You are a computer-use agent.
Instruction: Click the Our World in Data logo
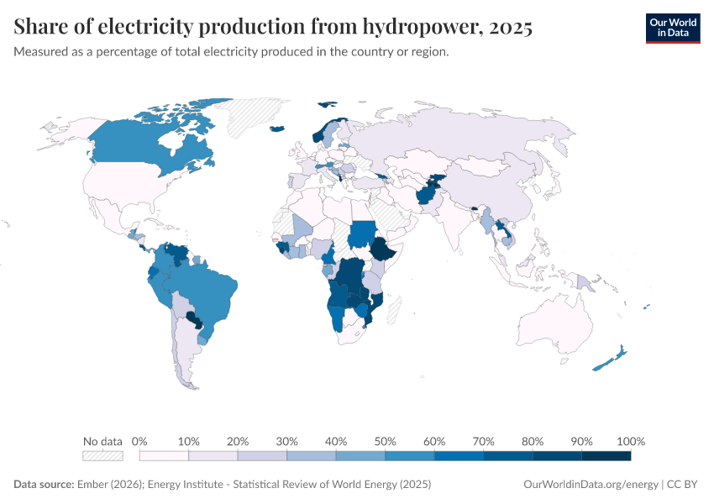coord(672,28)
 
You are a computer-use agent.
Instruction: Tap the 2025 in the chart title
coord(508,28)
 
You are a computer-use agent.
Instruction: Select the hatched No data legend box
coord(102,456)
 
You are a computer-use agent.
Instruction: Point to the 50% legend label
coord(385,441)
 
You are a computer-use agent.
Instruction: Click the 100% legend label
coord(630,441)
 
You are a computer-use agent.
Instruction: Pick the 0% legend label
coord(139,441)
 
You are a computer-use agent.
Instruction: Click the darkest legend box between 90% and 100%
coord(606,456)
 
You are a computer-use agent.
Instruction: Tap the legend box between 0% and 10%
coord(164,456)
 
